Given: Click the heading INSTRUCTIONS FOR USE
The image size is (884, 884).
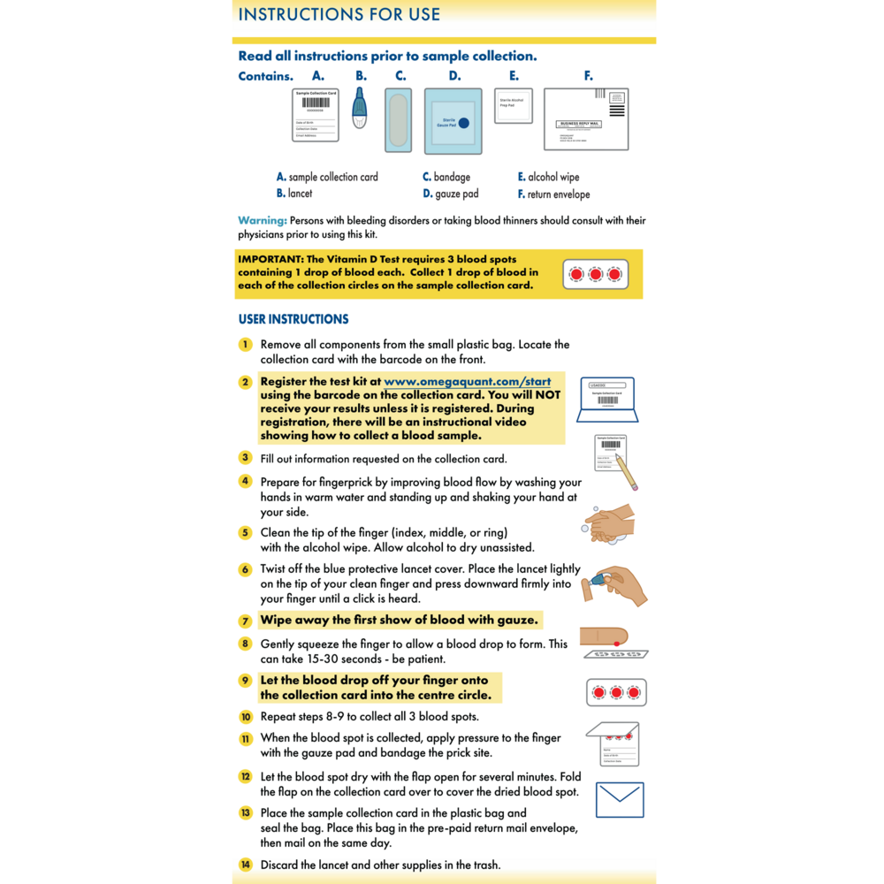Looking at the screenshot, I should click(x=339, y=14).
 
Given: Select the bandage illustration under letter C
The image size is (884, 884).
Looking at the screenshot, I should click(x=399, y=119).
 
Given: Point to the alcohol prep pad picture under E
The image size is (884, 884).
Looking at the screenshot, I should click(x=513, y=106).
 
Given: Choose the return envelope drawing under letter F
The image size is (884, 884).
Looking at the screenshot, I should click(x=585, y=119).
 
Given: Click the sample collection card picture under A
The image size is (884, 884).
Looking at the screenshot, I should click(x=316, y=114).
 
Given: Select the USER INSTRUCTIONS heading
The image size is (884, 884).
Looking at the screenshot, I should click(x=293, y=319).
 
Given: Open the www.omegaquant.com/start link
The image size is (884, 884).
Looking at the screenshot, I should click(x=468, y=382).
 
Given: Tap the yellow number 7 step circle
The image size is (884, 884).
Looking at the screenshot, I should click(x=245, y=621).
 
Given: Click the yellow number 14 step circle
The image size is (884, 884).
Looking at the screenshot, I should click(x=246, y=865).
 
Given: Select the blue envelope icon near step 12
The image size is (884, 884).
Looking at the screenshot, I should click(x=620, y=799).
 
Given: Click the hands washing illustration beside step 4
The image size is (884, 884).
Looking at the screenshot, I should click(x=610, y=523).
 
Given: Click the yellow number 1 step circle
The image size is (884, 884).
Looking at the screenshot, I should click(x=245, y=344).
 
